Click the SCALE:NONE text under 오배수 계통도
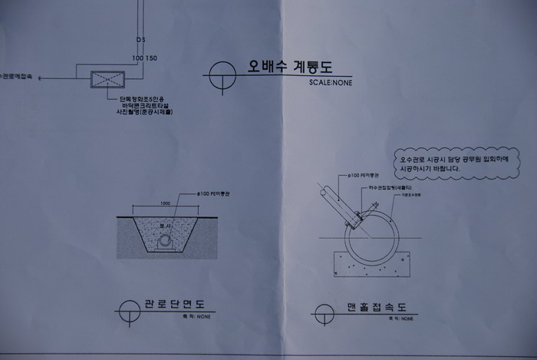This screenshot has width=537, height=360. [331, 82]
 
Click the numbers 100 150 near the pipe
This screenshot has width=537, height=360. [144, 58]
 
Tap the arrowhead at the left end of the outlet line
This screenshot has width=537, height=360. [40, 78]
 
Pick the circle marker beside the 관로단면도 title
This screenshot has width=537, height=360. [127, 312]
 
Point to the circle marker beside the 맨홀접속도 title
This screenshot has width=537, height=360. [323, 314]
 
